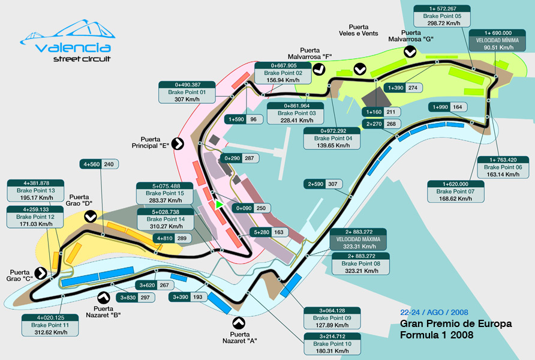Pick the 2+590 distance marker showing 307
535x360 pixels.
(324, 184)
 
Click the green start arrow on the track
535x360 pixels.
(220, 205)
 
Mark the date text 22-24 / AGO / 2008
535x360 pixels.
(434, 313)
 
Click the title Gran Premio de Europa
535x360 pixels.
(456, 324)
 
